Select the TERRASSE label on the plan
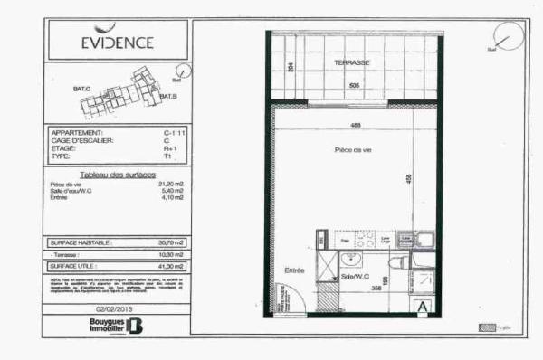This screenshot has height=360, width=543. (x=351, y=62)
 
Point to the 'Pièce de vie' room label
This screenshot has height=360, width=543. (x=353, y=149)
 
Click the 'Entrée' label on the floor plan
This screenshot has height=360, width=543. (x=294, y=270)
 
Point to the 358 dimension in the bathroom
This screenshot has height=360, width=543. (x=373, y=289)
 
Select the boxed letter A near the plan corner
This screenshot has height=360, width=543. (x=423, y=306)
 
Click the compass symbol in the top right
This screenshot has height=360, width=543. (x=510, y=36)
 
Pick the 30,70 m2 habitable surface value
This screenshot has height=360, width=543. (x=169, y=242)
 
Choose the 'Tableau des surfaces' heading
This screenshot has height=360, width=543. (x=118, y=174)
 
